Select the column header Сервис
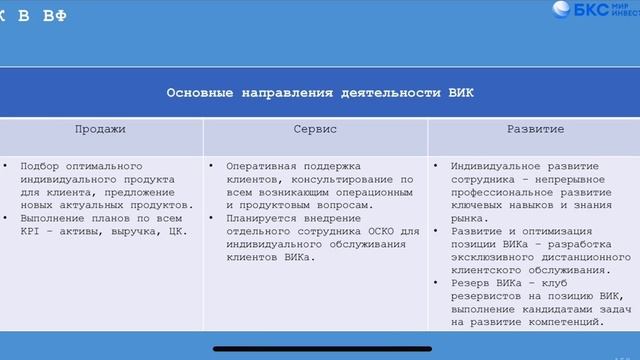(x=315, y=129)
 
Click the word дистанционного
(x=585, y=257)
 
